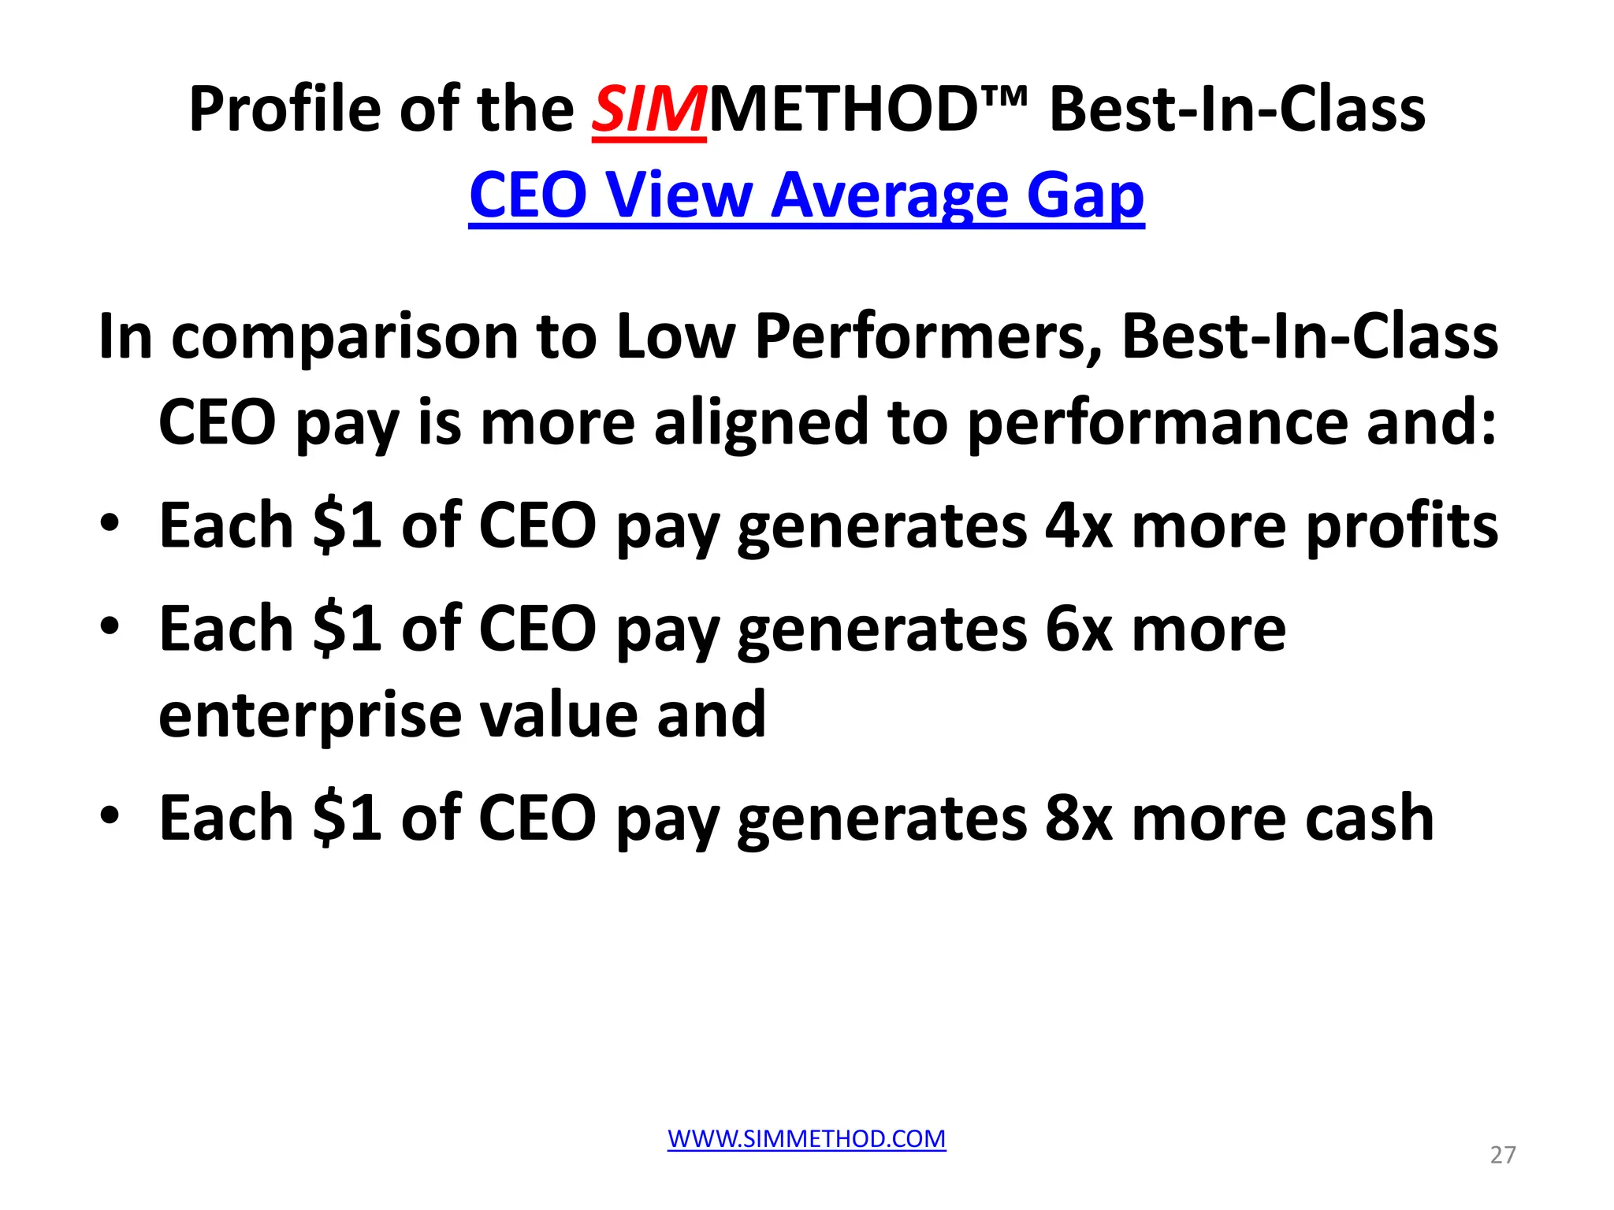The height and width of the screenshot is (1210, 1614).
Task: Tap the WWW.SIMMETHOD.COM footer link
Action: (806, 1138)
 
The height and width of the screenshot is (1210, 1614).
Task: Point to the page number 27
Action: (1502, 1155)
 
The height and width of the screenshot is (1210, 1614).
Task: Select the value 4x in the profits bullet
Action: (1078, 526)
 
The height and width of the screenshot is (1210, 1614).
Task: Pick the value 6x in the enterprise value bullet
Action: (1078, 629)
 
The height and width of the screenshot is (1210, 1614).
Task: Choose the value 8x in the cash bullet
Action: (1078, 818)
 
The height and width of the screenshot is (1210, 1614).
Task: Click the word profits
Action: (1401, 526)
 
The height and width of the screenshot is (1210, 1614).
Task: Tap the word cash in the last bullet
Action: (1369, 818)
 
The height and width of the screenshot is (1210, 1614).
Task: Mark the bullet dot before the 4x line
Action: (110, 523)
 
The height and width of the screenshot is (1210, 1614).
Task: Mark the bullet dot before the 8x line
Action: (110, 815)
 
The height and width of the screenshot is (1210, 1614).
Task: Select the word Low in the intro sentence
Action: (675, 337)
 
